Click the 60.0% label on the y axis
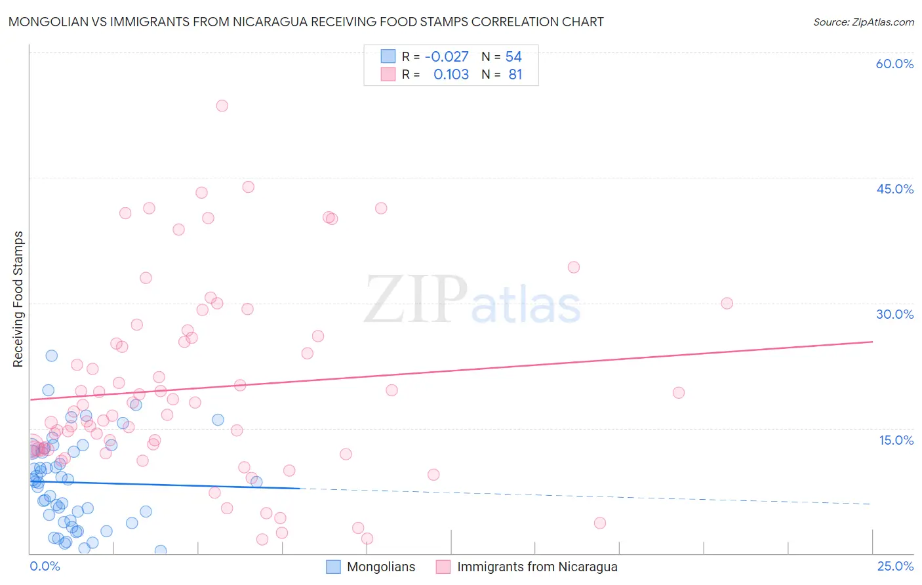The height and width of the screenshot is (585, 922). tap(894, 64)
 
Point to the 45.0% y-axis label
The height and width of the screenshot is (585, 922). tap(894, 189)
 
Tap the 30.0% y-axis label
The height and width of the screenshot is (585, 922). tap(894, 314)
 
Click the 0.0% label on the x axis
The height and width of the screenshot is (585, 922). tap(45, 566)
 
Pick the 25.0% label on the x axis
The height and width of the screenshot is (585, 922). tap(895, 566)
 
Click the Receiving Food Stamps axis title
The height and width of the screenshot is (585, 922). tap(18, 299)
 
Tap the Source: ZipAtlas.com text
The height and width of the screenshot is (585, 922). tap(863, 22)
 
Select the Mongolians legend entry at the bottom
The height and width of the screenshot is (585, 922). tap(381, 567)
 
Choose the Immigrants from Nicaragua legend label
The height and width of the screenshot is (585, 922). tap(537, 567)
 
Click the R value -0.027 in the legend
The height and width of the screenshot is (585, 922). tap(447, 57)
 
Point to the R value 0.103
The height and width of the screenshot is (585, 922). tap(451, 75)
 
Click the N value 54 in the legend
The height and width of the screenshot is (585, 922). tap(513, 57)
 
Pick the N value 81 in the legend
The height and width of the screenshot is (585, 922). tap(515, 75)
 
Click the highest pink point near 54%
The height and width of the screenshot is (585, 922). tap(222, 106)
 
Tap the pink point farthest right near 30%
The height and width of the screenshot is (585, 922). tap(727, 303)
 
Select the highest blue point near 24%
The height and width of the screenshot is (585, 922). tap(51, 355)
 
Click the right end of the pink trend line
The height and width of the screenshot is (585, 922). tap(872, 342)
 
